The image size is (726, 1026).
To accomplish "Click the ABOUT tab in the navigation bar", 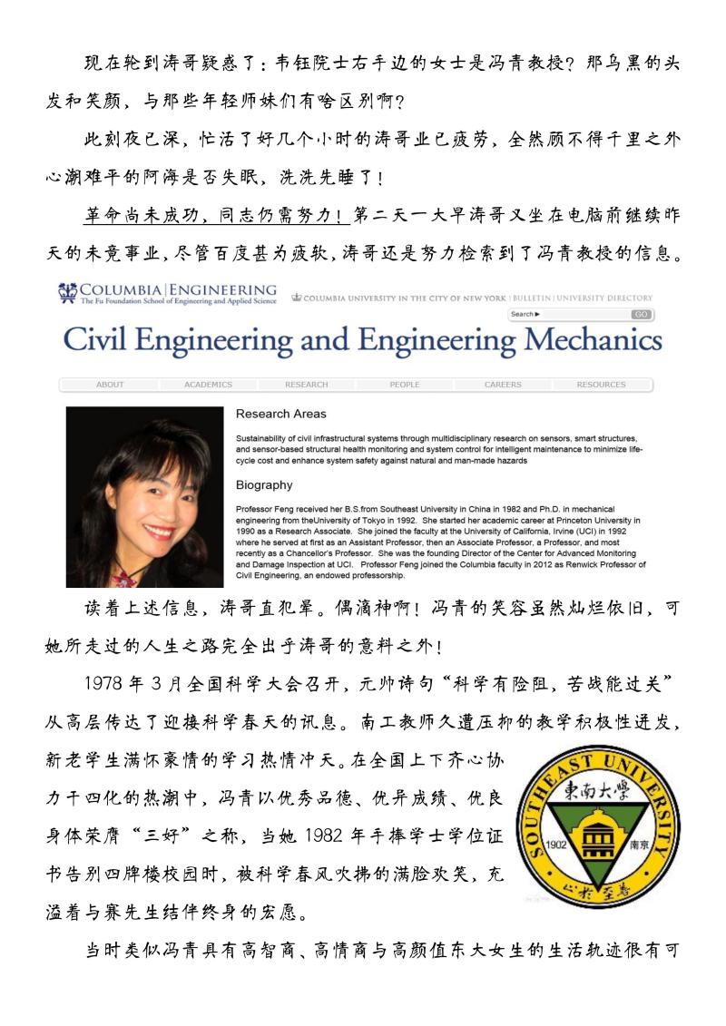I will [x=110, y=385].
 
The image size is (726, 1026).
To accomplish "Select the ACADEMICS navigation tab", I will [x=208, y=385].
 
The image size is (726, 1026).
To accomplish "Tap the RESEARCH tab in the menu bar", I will [x=306, y=385].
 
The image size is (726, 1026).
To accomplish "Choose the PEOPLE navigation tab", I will [x=405, y=385].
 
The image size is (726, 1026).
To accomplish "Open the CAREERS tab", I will [x=503, y=385].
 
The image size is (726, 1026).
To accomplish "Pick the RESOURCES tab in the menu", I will [x=601, y=385].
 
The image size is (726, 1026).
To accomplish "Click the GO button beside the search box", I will [x=642, y=314].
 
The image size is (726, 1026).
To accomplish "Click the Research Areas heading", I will [x=280, y=414].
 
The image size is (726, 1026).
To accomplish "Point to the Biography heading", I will [x=264, y=484].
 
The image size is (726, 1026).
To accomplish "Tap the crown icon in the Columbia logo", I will [x=68, y=292].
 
